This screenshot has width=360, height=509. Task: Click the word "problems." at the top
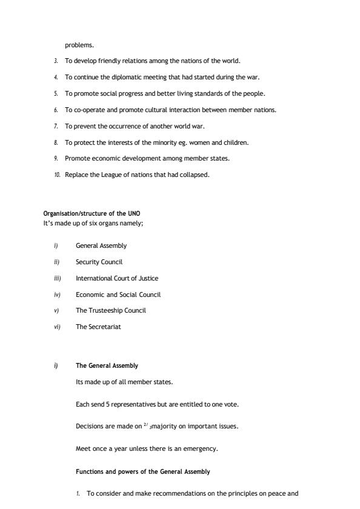click(79, 45)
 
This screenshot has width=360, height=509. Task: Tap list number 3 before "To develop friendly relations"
click(56, 61)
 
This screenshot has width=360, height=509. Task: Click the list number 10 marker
click(57, 175)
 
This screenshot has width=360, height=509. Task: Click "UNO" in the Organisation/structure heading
click(134, 213)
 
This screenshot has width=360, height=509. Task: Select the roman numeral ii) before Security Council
click(56, 262)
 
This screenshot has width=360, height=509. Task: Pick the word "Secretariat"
click(107, 327)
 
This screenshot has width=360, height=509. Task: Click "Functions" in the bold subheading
click(89, 471)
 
